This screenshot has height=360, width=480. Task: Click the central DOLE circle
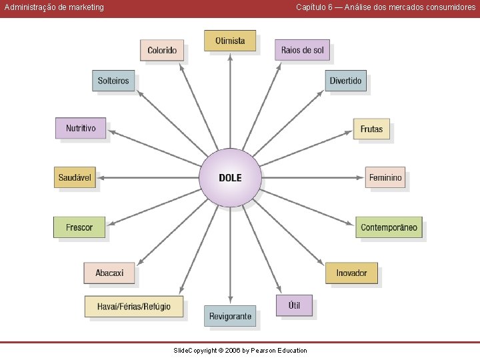[x=230, y=177]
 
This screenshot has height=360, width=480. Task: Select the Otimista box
[x=230, y=41]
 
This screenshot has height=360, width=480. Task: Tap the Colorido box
[x=162, y=50]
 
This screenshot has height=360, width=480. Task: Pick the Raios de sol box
[x=302, y=50]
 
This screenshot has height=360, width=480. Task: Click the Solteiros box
[x=113, y=81]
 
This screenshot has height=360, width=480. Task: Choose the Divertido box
[x=345, y=81]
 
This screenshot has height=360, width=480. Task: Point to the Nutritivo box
[x=81, y=128]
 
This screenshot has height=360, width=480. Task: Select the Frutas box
[x=371, y=129]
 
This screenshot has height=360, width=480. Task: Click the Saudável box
[x=75, y=177]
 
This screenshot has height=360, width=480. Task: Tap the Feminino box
[x=385, y=177]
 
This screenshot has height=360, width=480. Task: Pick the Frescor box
[x=79, y=227]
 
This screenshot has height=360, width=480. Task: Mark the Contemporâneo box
[x=389, y=227]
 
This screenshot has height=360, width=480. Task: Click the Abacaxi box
[x=109, y=273]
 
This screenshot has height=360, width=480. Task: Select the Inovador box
[x=351, y=273]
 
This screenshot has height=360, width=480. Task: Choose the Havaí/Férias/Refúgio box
[x=134, y=307]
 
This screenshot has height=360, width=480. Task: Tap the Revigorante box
[x=230, y=316]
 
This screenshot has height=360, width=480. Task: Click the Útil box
[x=294, y=305]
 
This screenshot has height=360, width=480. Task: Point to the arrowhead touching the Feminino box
[x=361, y=177]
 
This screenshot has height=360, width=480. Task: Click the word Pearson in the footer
[x=263, y=351]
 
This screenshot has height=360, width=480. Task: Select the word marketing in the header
[x=86, y=7]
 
